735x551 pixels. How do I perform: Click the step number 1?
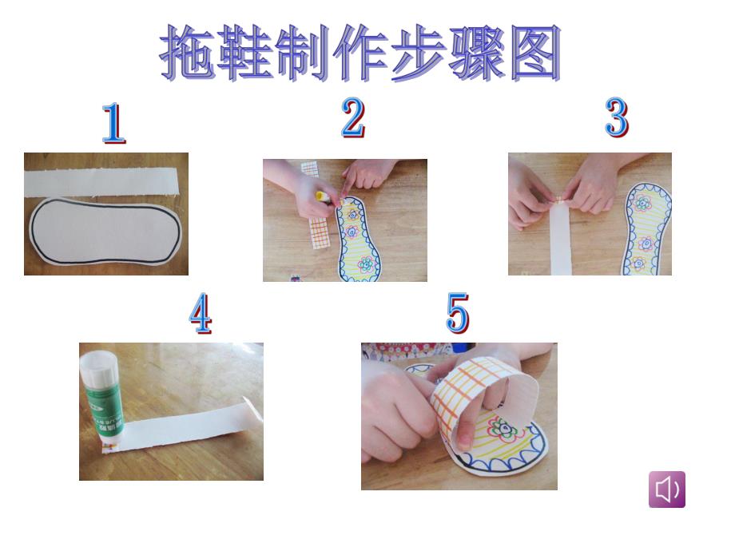tap(113, 124)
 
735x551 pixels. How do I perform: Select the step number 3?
tap(616, 118)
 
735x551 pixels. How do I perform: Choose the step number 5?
tap(458, 314)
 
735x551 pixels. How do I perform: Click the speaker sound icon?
tap(666, 490)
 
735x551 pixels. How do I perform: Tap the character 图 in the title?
tap(533, 54)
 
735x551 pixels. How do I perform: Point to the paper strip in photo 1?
tap(104, 180)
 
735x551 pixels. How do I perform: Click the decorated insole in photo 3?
tap(644, 228)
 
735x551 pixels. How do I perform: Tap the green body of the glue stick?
tap(102, 410)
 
